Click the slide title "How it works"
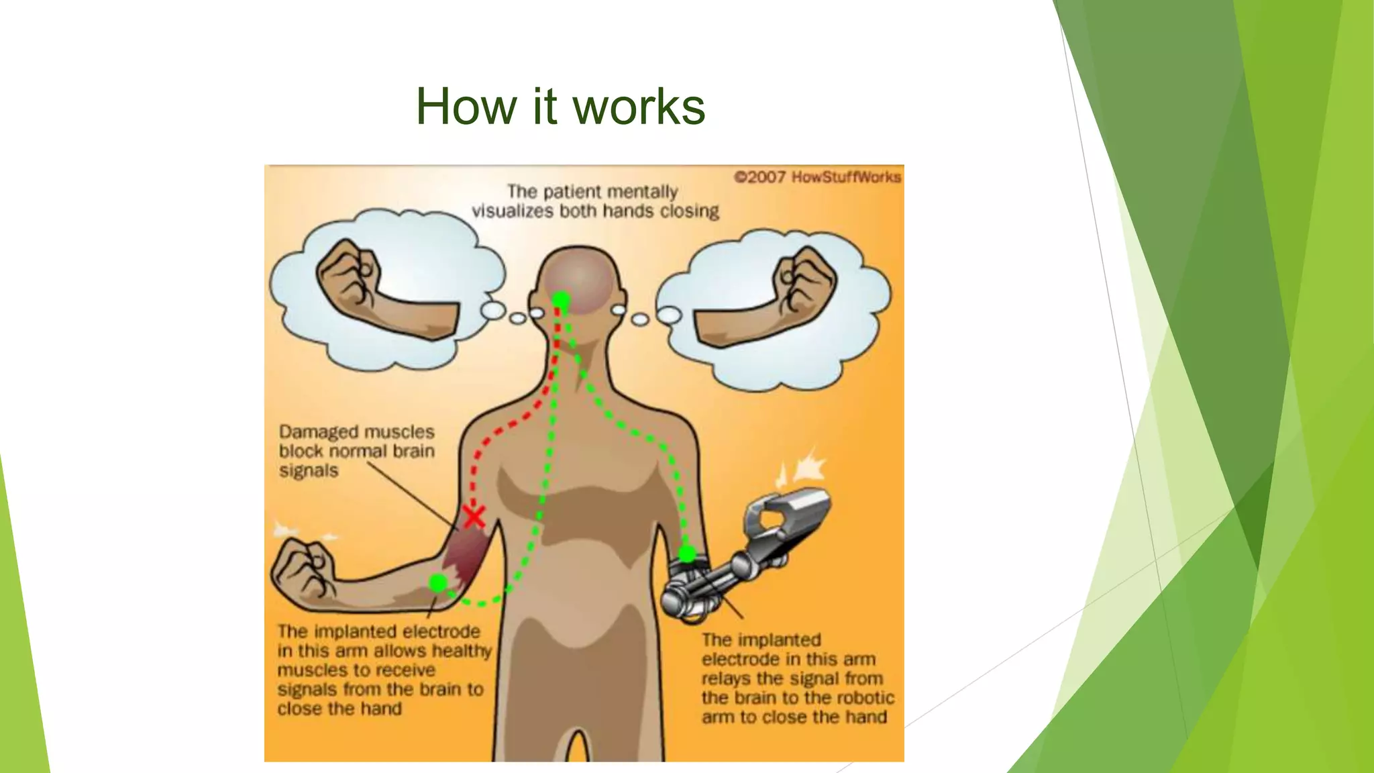coord(560,107)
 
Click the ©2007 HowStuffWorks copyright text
coord(817,177)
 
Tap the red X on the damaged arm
coord(474,517)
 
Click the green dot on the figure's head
coord(561,300)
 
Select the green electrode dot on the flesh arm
coord(438,583)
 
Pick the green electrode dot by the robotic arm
coord(687,554)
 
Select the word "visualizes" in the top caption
coord(513,211)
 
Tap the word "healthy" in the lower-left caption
coord(462,651)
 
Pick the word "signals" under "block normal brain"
coord(309,470)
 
